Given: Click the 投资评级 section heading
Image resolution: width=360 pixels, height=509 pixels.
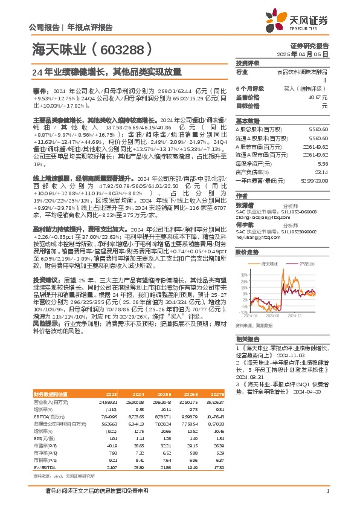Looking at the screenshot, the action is tap(247, 63).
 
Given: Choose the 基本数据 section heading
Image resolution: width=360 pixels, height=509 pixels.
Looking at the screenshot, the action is tap(247, 120).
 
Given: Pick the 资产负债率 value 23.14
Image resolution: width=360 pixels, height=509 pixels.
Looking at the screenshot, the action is tap(323, 172).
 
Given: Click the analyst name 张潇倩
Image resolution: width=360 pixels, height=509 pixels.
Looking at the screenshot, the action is tap(244, 204).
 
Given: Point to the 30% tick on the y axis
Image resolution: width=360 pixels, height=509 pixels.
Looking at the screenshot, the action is tap(243, 274).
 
